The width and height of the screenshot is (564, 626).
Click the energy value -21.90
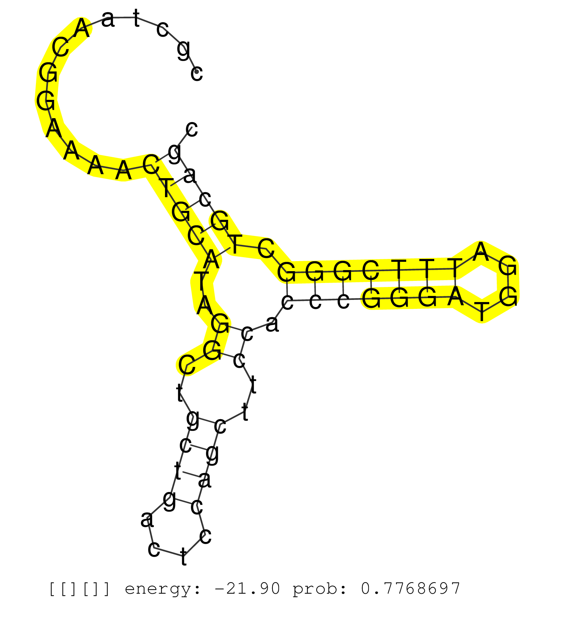247,589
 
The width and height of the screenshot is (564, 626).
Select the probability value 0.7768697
410,589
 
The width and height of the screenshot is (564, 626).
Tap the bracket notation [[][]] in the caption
79,589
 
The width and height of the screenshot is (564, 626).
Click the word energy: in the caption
162,589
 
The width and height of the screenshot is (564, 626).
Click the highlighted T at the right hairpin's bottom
482,311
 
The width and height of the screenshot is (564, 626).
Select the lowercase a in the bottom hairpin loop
147,519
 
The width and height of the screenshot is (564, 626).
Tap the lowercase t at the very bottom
184,557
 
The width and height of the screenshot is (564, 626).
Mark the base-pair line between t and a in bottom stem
191,474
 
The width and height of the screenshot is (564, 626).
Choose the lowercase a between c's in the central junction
272,324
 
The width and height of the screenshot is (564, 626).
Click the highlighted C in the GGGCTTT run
371,270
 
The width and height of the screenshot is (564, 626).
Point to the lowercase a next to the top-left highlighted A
108,19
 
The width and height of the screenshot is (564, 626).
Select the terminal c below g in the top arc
197,73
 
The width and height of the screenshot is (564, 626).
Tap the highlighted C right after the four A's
151,164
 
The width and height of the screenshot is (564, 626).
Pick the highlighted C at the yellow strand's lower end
187,365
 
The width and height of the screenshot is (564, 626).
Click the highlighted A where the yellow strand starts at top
82,28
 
